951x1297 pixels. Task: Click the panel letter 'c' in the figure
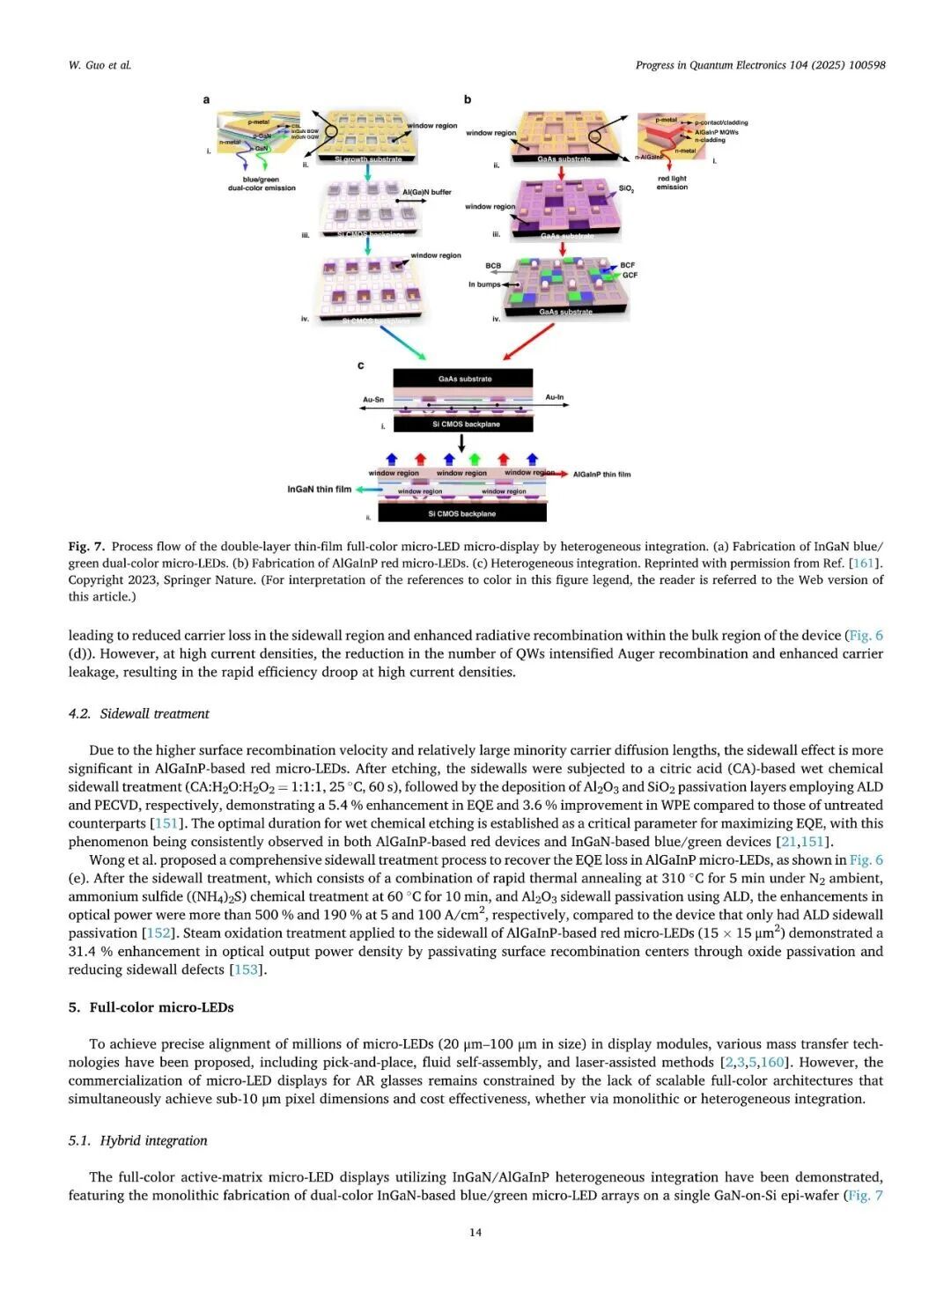[x=360, y=365]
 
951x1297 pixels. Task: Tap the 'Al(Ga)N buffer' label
[x=426, y=192]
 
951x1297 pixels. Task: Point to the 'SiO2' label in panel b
[x=626, y=189]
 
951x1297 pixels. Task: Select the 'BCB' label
[x=493, y=265]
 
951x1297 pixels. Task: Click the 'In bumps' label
[x=483, y=284]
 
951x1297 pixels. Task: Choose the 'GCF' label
[x=630, y=275]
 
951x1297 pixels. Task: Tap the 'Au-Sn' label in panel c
[x=373, y=400]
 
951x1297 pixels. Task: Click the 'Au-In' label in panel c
[x=554, y=397]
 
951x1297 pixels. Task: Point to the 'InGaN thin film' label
[x=319, y=490]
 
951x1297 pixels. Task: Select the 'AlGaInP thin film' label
[x=601, y=475]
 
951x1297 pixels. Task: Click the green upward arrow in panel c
[x=475, y=459]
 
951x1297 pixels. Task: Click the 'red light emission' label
[x=672, y=182]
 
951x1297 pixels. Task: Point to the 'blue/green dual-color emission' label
[x=262, y=183]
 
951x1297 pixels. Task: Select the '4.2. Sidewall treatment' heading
[x=138, y=713]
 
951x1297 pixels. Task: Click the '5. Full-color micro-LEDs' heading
[x=151, y=1007]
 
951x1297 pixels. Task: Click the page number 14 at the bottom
[x=475, y=1232]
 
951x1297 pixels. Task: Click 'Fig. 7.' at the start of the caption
[x=86, y=546]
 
